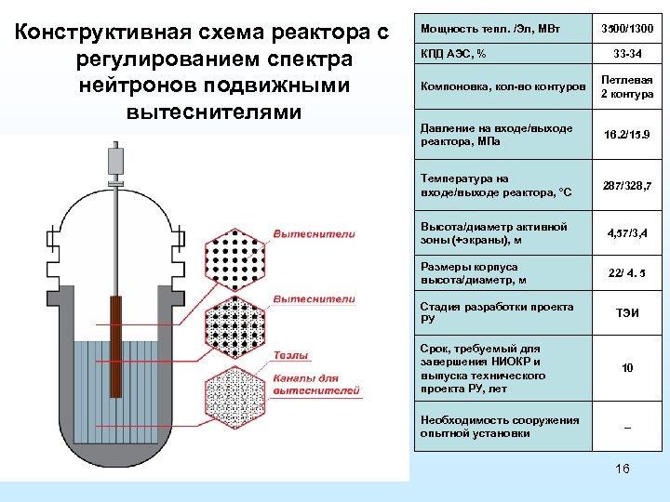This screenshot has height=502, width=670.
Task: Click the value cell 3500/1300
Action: (x=627, y=28)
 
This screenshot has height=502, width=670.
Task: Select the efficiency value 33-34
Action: (x=627, y=54)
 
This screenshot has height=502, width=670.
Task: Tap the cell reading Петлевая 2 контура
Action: (x=627, y=87)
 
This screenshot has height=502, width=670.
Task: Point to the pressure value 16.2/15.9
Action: (x=627, y=135)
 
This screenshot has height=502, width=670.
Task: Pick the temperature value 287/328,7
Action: (x=627, y=186)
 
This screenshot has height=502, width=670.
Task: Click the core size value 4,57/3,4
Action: (x=627, y=232)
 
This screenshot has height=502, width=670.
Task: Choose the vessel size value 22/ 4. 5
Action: (x=627, y=273)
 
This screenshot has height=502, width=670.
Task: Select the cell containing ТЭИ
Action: (x=627, y=314)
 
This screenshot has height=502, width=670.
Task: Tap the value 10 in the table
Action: (x=627, y=368)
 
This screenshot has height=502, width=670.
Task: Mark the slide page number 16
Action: (x=623, y=469)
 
